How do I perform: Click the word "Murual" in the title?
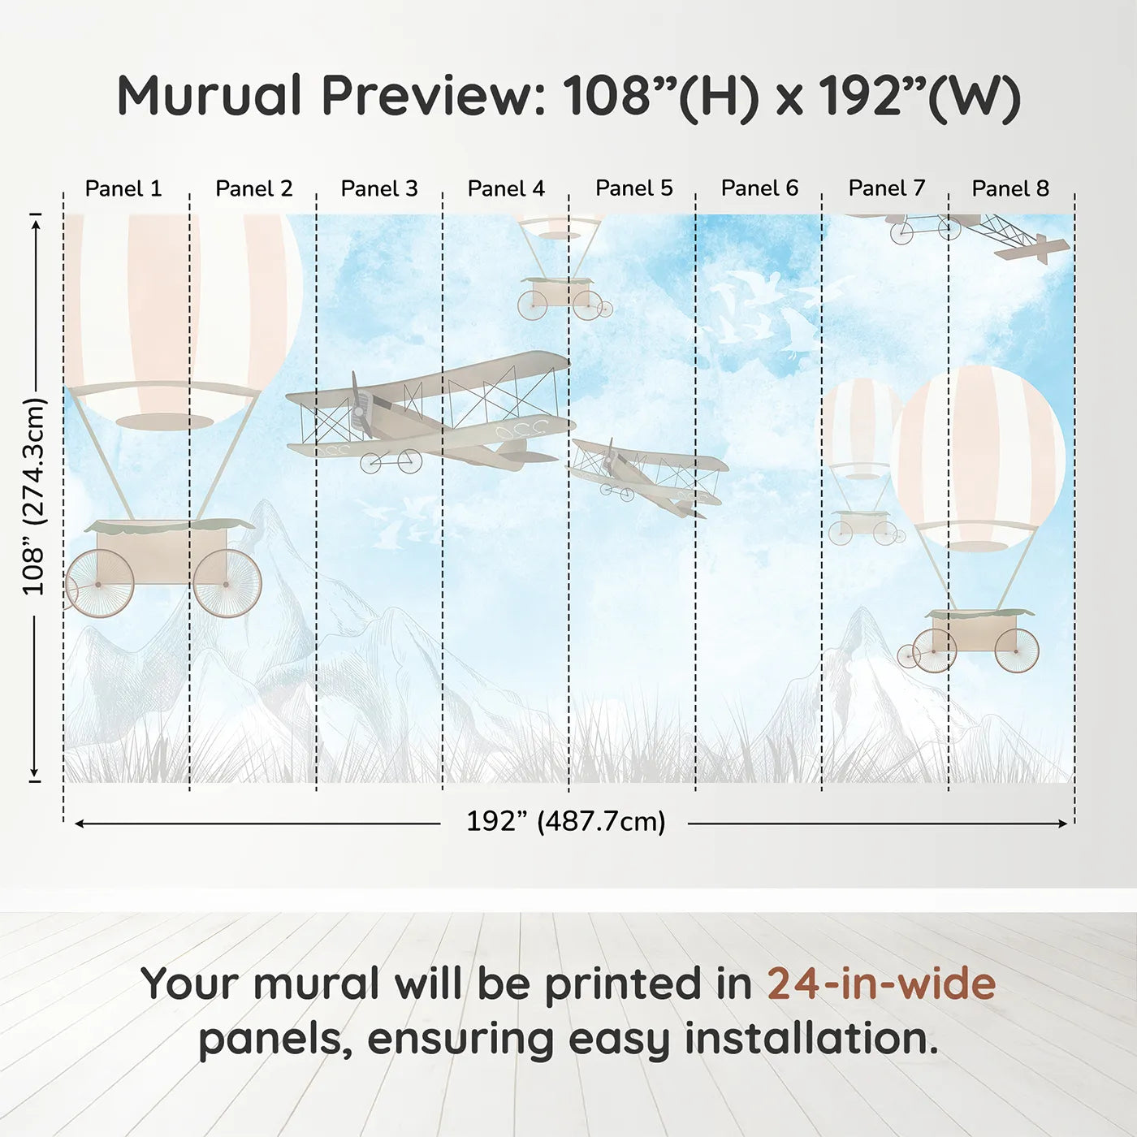tap(210, 96)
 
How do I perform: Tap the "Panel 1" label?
tap(123, 188)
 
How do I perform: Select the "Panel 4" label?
tap(506, 188)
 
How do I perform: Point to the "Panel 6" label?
tap(759, 188)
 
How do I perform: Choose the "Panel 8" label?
tap(1010, 188)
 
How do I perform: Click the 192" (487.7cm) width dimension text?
tap(565, 822)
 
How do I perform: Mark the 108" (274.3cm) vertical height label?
tap(34, 496)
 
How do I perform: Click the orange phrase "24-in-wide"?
tap(881, 984)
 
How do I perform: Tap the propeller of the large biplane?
tap(359, 406)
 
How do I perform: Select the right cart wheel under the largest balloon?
tap(227, 583)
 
